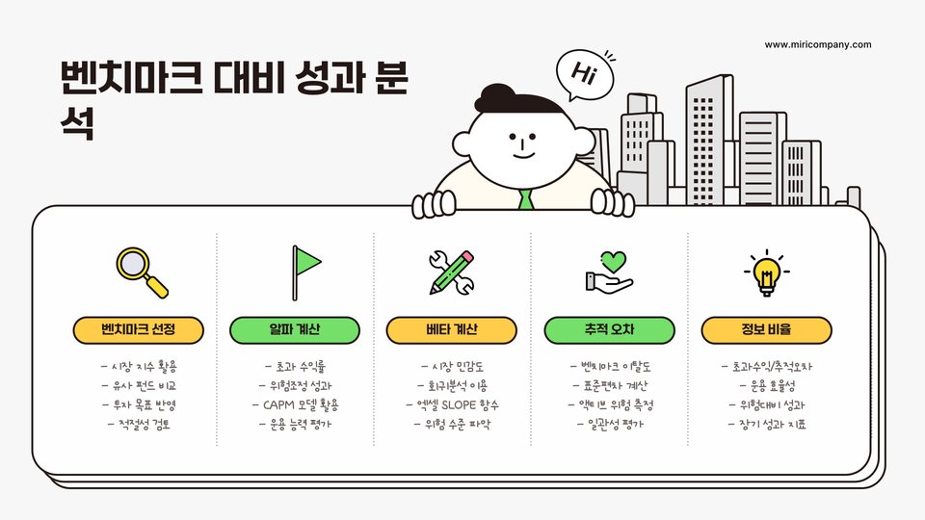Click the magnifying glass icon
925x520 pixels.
142,273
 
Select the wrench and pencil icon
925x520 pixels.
451,272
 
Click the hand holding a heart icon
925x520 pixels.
608,272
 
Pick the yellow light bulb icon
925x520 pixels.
766,273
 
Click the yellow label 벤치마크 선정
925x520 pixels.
139,329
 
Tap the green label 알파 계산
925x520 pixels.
295,329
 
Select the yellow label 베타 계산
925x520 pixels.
451,329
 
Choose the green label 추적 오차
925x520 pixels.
608,329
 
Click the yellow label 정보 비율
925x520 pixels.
766,329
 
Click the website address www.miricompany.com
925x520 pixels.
818,44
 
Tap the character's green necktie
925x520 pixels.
525,199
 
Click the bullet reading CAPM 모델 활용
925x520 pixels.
295,403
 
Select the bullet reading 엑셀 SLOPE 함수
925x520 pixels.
451,403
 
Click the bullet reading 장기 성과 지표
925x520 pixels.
766,423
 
